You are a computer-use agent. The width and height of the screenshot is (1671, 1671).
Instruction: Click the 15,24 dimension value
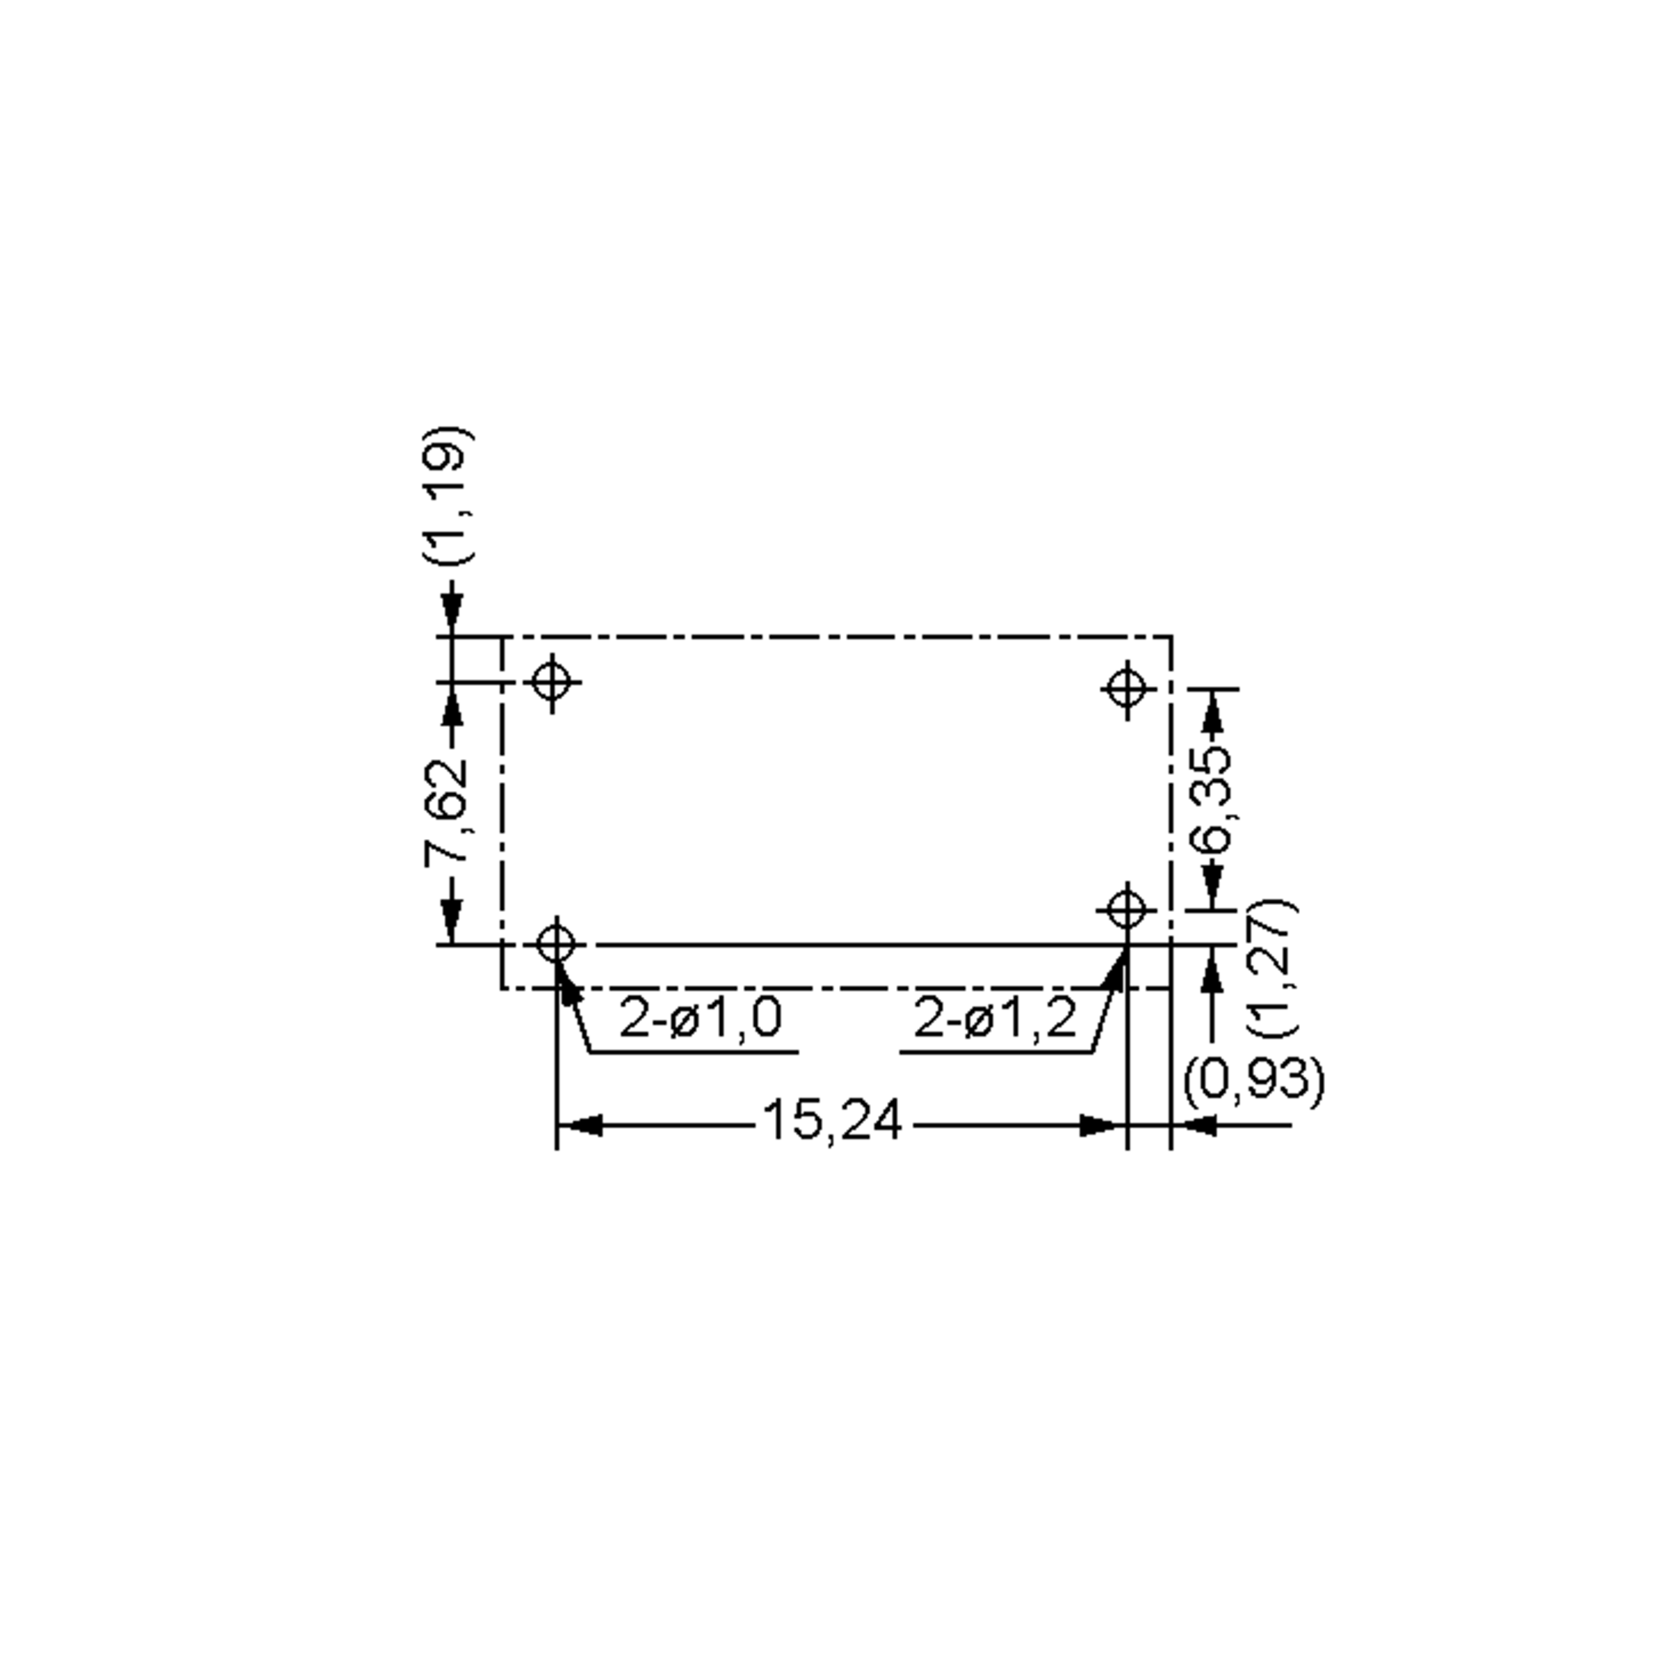tap(832, 1121)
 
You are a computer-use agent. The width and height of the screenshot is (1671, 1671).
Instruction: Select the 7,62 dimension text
tap(447, 811)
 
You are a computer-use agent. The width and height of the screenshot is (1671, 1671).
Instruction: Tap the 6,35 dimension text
tap(1210, 799)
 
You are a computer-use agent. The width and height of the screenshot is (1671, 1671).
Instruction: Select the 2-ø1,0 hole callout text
tap(700, 1017)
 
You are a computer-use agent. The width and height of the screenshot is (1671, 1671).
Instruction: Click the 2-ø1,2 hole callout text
tap(996, 1017)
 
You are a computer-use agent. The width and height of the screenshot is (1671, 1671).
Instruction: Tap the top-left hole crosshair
tap(553, 682)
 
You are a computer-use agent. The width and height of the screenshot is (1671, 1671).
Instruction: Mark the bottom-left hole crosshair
tap(556, 943)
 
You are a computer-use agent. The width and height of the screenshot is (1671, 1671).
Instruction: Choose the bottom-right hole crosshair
tap(1126, 910)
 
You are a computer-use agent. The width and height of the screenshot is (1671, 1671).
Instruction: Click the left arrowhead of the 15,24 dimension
tap(579, 1125)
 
